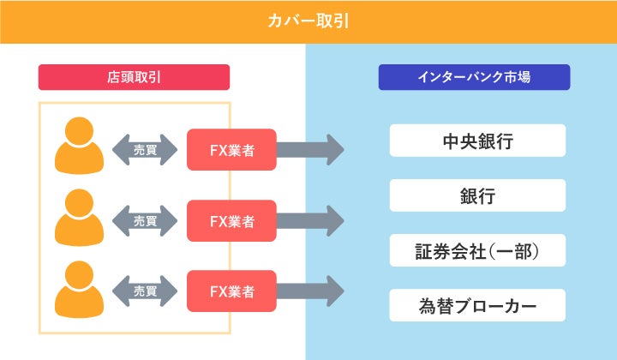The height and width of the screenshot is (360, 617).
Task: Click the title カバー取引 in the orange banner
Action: click(308, 21)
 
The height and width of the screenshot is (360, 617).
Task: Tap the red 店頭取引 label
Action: click(134, 77)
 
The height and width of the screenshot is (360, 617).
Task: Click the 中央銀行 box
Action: click(477, 141)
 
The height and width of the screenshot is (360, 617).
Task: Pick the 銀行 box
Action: click(477, 195)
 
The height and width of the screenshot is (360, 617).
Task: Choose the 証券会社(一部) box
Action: click(477, 250)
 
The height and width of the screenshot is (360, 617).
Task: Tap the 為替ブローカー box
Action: click(477, 305)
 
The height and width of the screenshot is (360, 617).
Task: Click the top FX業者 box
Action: click(231, 150)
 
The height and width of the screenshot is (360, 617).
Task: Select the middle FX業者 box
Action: click(231, 221)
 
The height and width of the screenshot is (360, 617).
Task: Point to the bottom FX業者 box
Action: click(231, 291)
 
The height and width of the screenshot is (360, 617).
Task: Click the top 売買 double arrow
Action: click(145, 150)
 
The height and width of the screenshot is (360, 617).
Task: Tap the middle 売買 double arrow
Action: click(145, 221)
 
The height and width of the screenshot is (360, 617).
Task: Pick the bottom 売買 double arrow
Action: click(145, 291)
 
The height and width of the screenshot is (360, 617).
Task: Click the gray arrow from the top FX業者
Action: click(310, 150)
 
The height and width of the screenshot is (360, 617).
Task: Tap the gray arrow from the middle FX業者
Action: click(310, 221)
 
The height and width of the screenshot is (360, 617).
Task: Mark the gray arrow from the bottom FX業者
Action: click(310, 291)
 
